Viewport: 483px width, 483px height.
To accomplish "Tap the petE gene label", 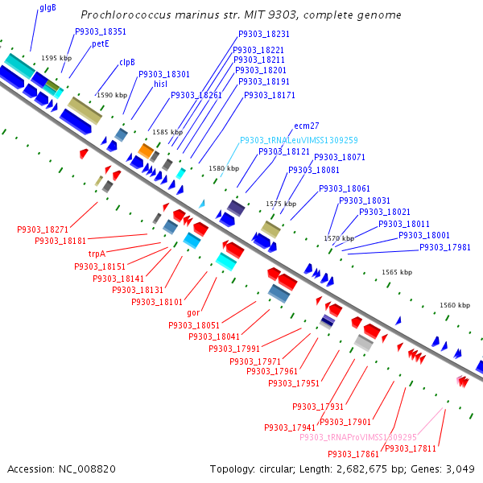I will point(100,44).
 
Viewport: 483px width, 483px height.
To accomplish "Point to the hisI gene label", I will point(160,84).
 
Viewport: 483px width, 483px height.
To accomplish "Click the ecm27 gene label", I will point(307,126).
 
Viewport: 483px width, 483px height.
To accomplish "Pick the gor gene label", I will point(193,312).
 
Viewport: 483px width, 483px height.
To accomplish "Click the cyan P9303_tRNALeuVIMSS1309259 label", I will point(299,139).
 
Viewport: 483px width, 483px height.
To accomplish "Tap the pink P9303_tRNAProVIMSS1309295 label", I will point(358,437).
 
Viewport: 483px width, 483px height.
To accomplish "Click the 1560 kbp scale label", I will point(455,306).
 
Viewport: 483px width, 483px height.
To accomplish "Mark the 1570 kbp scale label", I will point(339,238).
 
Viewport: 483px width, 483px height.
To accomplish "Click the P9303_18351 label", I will point(101,31).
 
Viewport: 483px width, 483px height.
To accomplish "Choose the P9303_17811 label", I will point(411,448).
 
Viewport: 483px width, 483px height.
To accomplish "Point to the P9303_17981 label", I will point(444,247).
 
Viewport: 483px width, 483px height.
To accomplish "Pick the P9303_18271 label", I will point(43,229).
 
